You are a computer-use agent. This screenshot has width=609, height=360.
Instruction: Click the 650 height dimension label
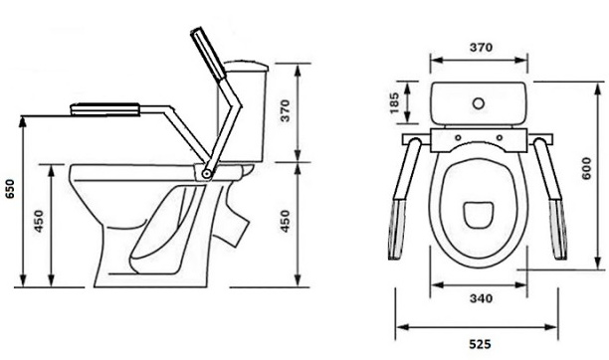click(x=10, y=189)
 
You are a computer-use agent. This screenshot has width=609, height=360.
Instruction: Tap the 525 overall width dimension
click(x=480, y=344)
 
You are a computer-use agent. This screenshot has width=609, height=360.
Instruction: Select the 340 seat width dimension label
click(x=481, y=298)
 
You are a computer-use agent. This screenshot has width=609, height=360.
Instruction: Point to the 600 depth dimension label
click(x=586, y=168)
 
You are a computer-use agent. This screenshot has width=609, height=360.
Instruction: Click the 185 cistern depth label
click(x=394, y=102)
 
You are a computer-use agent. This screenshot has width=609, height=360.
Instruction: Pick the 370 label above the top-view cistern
click(x=482, y=48)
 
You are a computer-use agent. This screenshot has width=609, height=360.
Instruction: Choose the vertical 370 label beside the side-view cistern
click(x=285, y=110)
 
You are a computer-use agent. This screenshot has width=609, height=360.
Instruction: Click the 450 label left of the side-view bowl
click(x=39, y=221)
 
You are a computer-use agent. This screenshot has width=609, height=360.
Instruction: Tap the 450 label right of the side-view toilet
click(x=285, y=221)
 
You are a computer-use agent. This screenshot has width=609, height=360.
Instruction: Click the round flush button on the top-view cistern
click(x=479, y=103)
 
